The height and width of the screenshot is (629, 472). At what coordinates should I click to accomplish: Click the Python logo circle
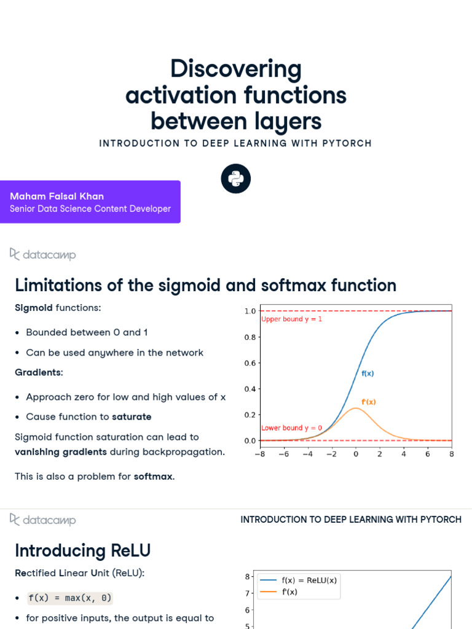point(236,179)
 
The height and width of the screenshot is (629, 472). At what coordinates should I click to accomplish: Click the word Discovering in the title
point(236,69)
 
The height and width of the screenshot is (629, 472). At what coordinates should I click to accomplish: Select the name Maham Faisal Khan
point(57,196)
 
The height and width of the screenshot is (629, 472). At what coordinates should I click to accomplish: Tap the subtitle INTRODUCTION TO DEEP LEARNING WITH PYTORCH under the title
point(235,143)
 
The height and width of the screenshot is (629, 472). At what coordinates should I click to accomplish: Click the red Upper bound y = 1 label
point(291,319)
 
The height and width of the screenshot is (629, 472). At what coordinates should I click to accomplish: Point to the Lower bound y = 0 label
point(291,428)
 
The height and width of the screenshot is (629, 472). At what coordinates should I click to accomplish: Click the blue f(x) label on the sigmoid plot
point(368,373)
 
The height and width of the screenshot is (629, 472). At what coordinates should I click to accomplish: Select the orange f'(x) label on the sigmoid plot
point(368,402)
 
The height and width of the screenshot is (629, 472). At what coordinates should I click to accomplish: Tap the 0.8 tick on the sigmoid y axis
point(250,337)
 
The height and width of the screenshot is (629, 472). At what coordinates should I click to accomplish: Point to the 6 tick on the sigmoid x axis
point(428,454)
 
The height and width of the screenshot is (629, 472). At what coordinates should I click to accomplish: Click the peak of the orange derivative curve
point(356,408)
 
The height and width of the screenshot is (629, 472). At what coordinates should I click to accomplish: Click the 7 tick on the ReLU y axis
point(247,593)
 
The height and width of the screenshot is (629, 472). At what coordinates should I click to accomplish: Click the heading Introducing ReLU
point(82,550)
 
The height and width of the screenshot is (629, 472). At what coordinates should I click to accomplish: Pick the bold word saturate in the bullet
point(132,416)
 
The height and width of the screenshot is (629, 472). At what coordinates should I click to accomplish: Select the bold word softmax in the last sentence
point(154,477)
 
